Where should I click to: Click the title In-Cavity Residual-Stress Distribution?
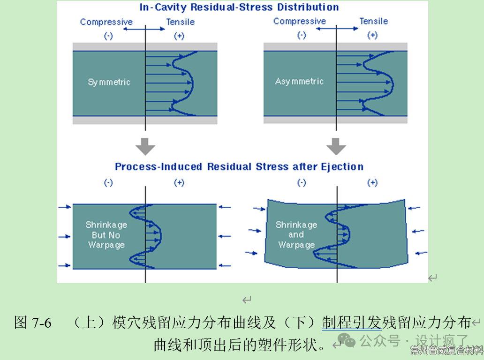[239, 7]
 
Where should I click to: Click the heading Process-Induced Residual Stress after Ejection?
[239, 166]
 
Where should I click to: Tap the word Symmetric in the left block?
[109, 82]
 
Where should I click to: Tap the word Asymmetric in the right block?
[299, 81]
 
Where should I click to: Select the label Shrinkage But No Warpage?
[106, 235]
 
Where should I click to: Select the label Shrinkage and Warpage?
[296, 235]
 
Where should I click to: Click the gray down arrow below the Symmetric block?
[145, 147]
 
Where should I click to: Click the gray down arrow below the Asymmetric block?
[336, 147]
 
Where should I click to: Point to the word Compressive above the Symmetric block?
[106, 22]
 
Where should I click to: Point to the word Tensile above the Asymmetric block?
[373, 21]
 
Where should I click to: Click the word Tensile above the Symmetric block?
[180, 22]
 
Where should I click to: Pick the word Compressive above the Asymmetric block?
[299, 21]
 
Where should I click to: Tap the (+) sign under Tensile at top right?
[372, 35]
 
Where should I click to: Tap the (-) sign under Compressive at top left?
[108, 36]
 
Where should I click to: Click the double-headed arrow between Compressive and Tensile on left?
[144, 29]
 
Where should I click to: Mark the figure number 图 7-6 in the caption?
[33, 322]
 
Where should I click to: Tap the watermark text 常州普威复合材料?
[446, 350]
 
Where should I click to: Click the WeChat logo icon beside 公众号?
[348, 339]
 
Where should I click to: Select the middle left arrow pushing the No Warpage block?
[64, 236]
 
